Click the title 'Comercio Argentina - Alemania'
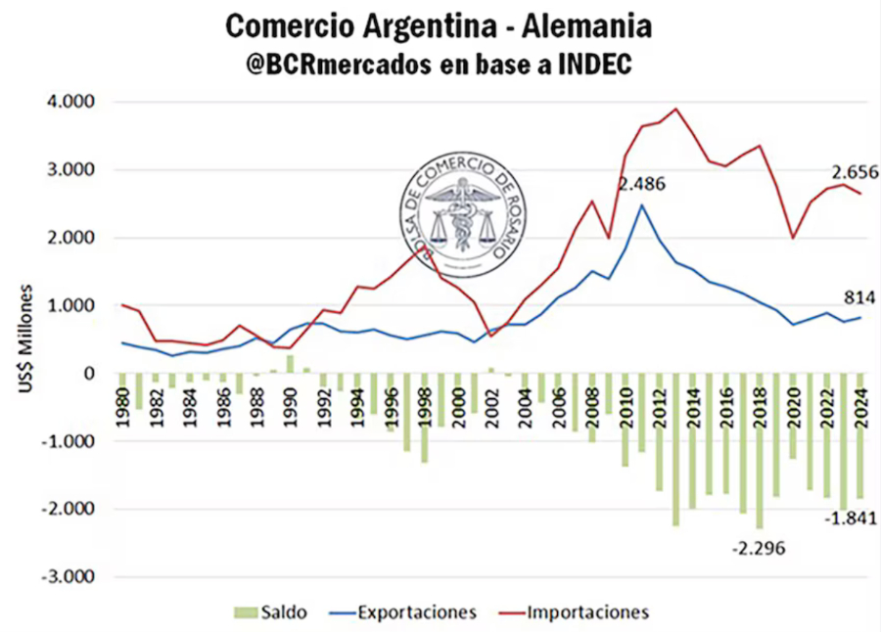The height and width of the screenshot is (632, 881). (x=438, y=26)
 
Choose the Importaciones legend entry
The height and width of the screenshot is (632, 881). (x=577, y=612)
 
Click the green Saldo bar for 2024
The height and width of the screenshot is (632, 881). (x=860, y=435)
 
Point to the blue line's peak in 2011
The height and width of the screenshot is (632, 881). (x=641, y=204)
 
